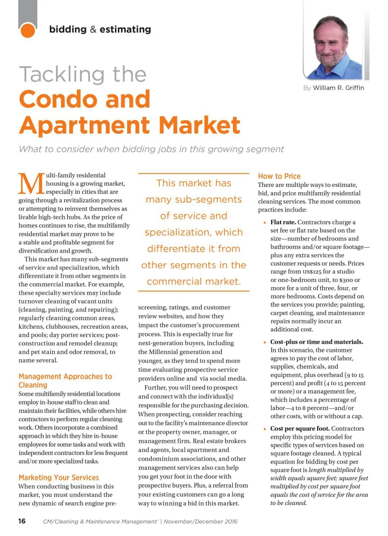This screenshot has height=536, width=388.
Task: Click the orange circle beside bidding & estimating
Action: coord(27,30)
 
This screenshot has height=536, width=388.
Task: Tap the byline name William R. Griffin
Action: coord(338,88)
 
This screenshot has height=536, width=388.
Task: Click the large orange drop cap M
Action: coord(31,184)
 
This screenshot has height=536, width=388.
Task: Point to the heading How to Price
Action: coord(279,176)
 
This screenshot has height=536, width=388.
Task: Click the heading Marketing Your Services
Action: coord(59,477)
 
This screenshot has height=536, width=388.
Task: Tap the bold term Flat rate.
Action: coord(283,222)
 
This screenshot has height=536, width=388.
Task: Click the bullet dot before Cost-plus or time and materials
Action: coord(264,342)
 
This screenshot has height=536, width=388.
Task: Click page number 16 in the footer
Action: coord(22,521)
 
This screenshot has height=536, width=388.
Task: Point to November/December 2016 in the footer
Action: coord(200,521)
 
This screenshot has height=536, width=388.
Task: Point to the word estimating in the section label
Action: coord(125,29)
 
